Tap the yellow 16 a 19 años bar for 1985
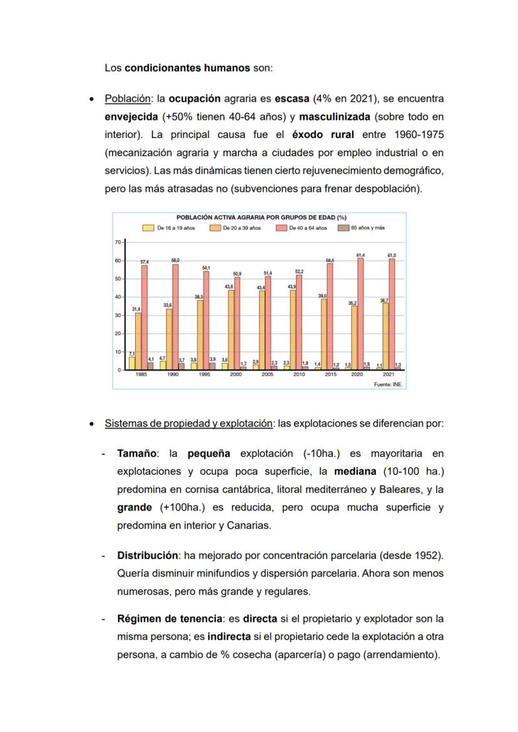click(132, 363)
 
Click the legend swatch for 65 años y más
click(343, 228)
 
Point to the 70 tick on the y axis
click(118, 242)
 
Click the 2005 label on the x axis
click(267, 374)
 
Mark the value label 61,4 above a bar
click(360, 255)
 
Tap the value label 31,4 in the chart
click(136, 309)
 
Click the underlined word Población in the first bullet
click(128, 99)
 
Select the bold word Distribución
click(146, 555)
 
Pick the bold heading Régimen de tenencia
click(170, 619)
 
